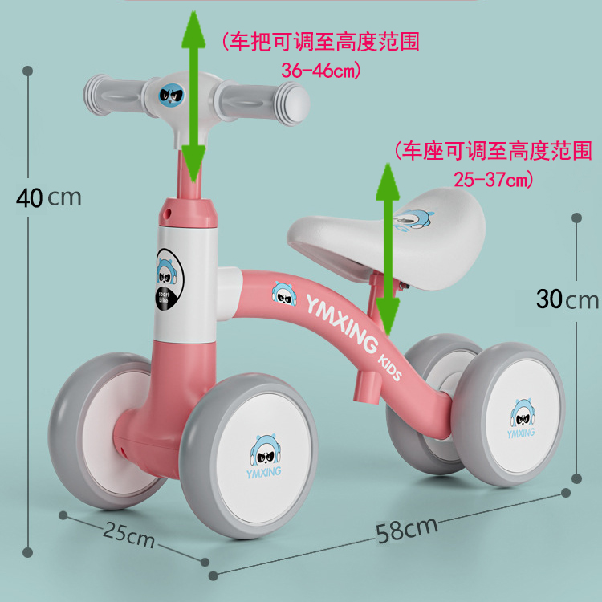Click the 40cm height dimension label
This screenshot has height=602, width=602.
(49, 197)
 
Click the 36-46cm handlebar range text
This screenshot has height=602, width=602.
(321, 71)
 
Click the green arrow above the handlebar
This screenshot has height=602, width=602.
(192, 96)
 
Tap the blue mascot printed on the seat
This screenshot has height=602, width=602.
(415, 218)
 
